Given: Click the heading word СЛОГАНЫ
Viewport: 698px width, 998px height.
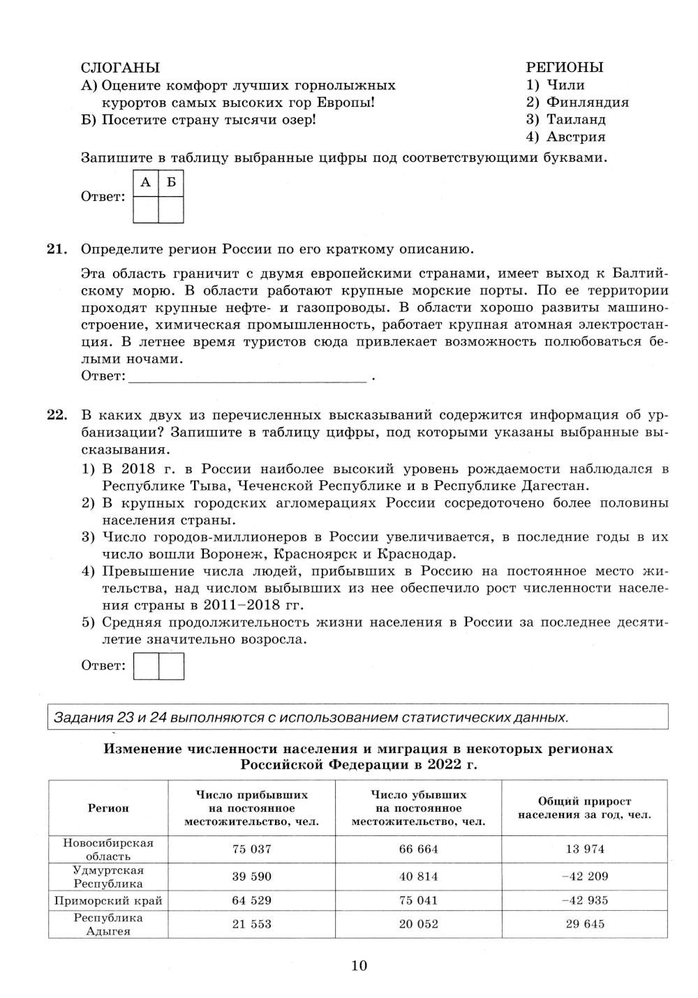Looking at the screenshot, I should click(120, 68).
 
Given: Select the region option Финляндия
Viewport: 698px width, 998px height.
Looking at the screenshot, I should click(587, 103).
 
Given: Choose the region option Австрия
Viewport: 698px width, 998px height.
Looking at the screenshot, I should click(575, 137).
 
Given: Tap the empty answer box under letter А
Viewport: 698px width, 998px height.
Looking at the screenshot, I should click(145, 210).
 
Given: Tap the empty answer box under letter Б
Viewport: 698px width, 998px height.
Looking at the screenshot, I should click(171, 210).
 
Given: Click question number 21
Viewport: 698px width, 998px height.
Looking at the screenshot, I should click(57, 249).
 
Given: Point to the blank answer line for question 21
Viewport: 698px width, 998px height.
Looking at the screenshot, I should click(248, 378).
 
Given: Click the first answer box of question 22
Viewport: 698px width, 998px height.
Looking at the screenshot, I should click(146, 666).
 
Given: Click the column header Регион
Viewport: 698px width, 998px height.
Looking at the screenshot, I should click(108, 808).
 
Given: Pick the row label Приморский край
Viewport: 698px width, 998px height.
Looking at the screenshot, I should click(108, 901).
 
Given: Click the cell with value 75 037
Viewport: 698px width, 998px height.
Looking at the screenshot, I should click(251, 849).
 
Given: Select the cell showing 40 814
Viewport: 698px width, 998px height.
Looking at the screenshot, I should click(419, 877).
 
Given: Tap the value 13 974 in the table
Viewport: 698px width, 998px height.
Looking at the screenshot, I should click(585, 849).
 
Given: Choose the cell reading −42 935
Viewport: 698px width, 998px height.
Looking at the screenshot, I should click(585, 901).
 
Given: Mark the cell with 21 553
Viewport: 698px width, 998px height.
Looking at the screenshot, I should click(251, 925).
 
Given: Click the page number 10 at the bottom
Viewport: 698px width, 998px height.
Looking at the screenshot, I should click(359, 967).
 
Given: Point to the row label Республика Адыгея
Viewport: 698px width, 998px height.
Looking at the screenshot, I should click(108, 925).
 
